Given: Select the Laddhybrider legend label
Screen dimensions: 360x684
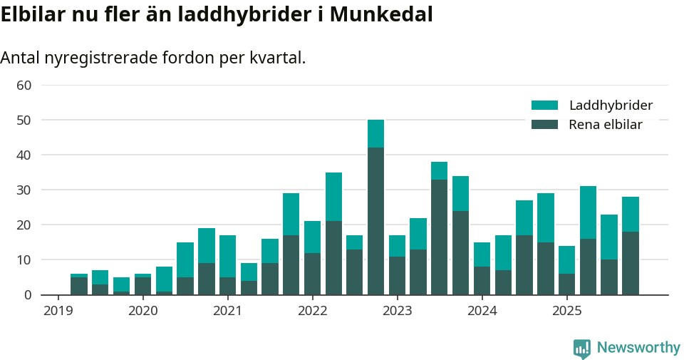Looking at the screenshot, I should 611,106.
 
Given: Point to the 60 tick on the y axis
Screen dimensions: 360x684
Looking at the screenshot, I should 24,86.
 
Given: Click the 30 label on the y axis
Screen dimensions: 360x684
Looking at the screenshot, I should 24,190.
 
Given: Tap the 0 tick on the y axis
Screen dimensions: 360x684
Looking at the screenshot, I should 28,295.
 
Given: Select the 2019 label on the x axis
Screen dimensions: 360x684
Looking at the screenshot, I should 58,311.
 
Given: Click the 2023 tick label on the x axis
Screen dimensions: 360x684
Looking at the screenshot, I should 397,311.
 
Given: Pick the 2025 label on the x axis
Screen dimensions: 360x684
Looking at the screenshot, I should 567,311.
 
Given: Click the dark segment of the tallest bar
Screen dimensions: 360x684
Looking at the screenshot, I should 375,221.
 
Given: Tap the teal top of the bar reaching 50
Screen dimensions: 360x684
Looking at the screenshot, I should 375,133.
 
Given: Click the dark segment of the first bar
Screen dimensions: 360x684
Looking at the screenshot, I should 79,286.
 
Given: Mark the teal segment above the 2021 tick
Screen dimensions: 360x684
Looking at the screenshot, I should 227,256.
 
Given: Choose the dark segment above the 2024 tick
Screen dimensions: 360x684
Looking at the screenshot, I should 482,280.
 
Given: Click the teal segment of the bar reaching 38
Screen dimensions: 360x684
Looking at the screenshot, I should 440,170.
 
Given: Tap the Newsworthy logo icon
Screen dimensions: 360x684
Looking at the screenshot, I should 582,349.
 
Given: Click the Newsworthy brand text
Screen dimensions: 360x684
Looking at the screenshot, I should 638,348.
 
